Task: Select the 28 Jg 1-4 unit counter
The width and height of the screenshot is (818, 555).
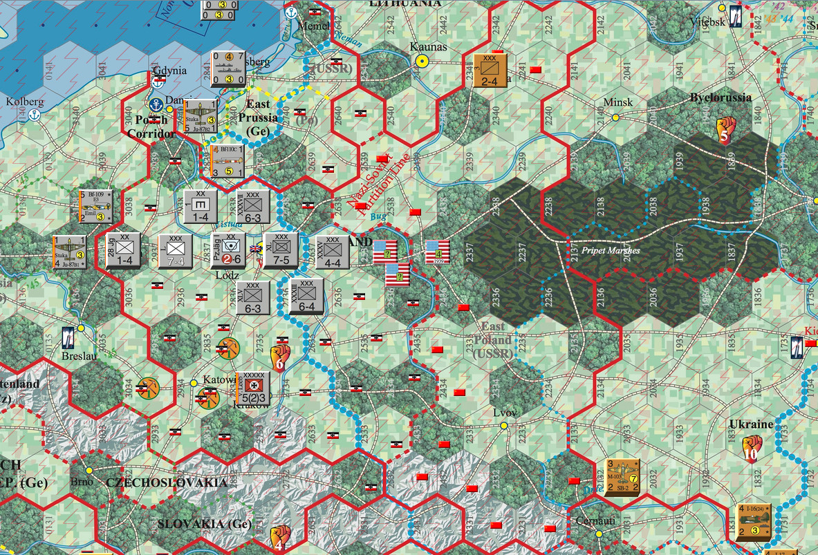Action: pyautogui.click(x=124, y=250)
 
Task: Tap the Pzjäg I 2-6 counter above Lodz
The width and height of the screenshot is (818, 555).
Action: pyautogui.click(x=228, y=250)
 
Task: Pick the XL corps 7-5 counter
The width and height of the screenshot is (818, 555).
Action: pyautogui.click(x=281, y=250)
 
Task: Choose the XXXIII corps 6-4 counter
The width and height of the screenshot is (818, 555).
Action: pyautogui.click(x=307, y=296)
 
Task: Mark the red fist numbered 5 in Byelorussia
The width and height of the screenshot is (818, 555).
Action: pyautogui.click(x=723, y=131)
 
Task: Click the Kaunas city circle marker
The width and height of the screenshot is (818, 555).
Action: pyautogui.click(x=420, y=61)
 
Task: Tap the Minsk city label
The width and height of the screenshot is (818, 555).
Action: pyautogui.click(x=617, y=102)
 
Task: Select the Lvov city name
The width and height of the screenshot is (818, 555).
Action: pyautogui.click(x=505, y=413)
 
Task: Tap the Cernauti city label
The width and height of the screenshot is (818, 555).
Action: pyautogui.click(x=595, y=520)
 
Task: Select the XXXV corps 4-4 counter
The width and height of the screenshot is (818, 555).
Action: pyautogui.click(x=333, y=252)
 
